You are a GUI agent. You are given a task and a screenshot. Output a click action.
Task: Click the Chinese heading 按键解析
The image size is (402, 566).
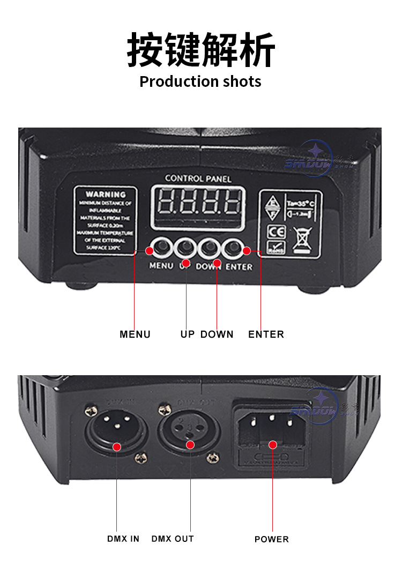(200, 49)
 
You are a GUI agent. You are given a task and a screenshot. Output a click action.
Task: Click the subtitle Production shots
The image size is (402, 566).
(200, 81)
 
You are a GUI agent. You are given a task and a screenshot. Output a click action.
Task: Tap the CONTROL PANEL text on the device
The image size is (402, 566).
(198, 178)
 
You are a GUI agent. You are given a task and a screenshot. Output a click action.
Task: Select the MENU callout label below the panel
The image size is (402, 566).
(135, 334)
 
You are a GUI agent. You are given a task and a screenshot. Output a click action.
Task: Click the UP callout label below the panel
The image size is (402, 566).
(188, 334)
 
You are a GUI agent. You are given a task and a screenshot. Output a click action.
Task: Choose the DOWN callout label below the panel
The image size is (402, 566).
(217, 334)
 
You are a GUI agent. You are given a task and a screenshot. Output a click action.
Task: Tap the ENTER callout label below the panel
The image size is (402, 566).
(266, 334)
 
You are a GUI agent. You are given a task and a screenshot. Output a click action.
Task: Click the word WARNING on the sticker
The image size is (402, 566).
(106, 194)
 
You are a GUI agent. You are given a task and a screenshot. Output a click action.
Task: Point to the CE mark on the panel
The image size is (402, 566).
(273, 232)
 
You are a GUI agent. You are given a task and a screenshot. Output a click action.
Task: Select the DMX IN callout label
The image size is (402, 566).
(123, 539)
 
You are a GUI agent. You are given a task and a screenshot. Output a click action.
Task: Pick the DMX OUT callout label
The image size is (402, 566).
(173, 539)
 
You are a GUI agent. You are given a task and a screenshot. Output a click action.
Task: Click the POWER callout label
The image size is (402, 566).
(272, 539)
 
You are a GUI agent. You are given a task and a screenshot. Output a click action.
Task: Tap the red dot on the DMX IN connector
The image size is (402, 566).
(117, 446)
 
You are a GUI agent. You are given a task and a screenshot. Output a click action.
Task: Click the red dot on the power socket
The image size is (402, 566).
(273, 444)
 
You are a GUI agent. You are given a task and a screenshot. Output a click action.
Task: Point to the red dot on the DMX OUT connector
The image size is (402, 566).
(189, 445)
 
